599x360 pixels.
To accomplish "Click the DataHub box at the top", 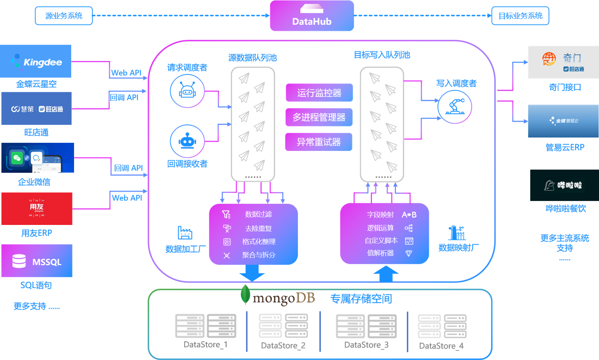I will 312,16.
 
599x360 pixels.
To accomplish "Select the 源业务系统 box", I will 63,16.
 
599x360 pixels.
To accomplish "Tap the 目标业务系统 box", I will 520,16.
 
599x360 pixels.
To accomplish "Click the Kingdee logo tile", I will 36,61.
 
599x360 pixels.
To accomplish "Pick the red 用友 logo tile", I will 37,209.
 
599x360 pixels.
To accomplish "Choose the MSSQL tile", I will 37,261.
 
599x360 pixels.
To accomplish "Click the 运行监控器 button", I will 319,93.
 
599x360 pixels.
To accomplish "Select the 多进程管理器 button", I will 319,117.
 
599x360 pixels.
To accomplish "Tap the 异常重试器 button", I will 319,142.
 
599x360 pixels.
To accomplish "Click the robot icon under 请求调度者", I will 187,91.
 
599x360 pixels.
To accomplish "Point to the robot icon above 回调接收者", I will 187,141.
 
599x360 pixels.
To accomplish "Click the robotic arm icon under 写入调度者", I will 455,107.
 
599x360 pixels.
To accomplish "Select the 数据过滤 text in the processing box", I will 258,214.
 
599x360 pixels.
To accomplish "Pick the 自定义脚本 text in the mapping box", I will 381,241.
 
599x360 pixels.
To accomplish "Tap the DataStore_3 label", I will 366,345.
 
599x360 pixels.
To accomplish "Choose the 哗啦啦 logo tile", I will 564,185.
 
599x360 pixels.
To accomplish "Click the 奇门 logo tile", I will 563,62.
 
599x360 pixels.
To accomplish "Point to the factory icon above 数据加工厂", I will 185,233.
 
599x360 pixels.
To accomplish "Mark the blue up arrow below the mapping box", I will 386,273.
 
